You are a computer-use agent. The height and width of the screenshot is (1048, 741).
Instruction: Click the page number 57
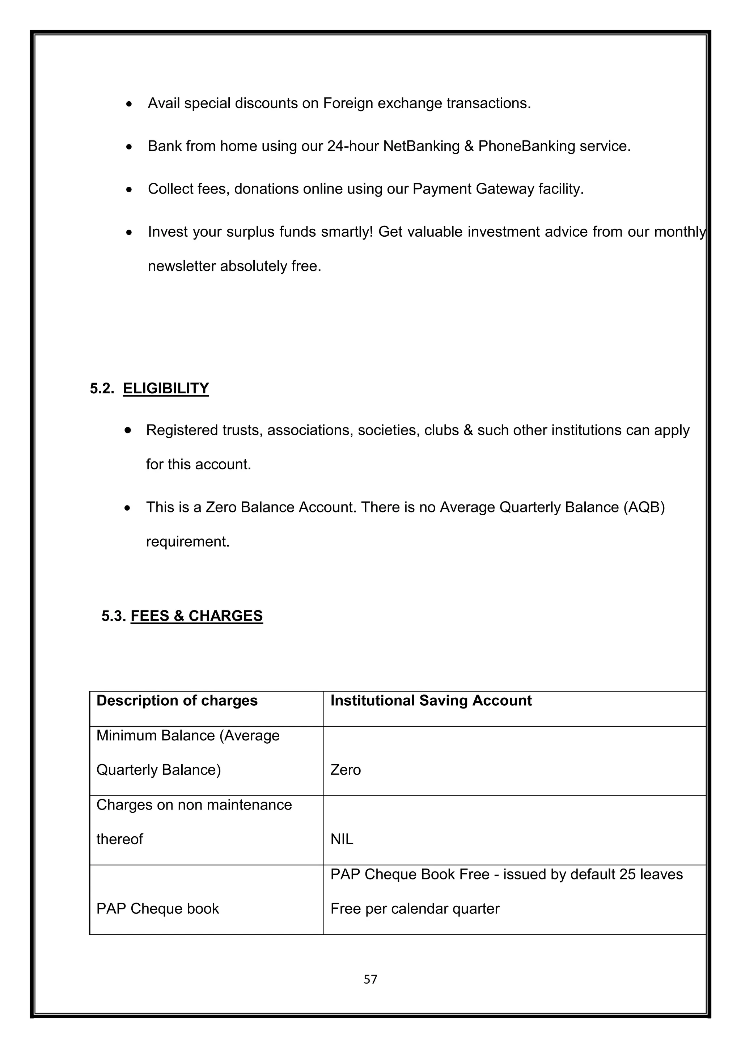pos(370,979)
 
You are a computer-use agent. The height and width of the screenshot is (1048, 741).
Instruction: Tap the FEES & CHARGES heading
pos(197,616)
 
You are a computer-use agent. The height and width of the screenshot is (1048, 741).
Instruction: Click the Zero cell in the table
pos(346,770)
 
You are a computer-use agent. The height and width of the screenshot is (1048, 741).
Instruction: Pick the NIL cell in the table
pos(342,840)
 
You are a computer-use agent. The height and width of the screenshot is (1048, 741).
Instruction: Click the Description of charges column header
pos(177,701)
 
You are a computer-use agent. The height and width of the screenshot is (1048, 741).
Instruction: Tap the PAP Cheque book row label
pos(157,909)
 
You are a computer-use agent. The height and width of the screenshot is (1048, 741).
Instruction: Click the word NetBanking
pos(421,146)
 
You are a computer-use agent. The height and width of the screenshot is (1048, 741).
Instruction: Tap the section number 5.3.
pos(114,616)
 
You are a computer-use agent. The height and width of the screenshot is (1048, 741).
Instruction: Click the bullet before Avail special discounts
pos(130,105)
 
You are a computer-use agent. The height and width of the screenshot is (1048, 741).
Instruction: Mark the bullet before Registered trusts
pos(128,430)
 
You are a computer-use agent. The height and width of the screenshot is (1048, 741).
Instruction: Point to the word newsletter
pos(182,266)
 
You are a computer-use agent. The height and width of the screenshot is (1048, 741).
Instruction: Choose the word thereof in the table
pos(119,840)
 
